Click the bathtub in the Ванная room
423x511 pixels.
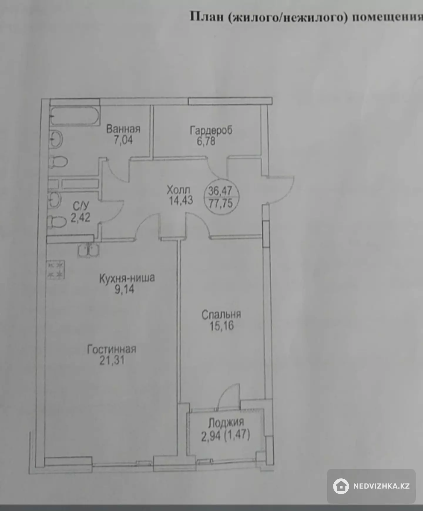click(75, 116)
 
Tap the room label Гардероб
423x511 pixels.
click(211, 130)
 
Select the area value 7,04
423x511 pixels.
click(123, 140)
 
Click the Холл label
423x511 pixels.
click(178, 190)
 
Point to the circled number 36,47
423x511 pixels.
click(220, 191)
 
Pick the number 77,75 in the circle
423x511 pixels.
click(221, 203)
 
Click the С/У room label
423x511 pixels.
click(80, 206)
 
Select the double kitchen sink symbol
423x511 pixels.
click(88, 250)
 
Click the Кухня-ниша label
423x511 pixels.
click(127, 278)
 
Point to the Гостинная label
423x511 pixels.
click(112, 349)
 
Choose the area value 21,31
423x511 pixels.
click(112, 360)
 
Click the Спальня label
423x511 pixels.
click(221, 315)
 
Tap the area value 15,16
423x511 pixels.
click(221, 326)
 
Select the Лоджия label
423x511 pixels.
click(226, 422)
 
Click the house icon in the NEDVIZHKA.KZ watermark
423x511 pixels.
click(341, 486)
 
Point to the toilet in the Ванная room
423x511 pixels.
click(58, 162)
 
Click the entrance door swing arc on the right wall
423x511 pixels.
click(285, 189)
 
